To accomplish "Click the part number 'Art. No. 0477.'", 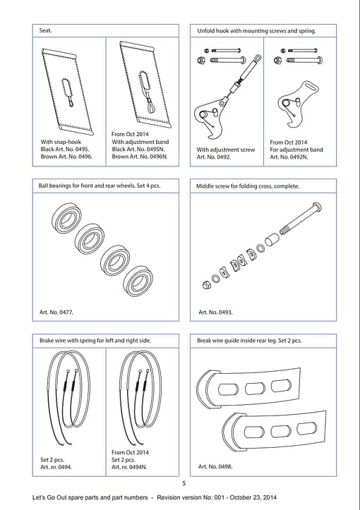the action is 56,312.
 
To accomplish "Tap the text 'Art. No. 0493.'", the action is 215,312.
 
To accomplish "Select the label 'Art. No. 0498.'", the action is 215,466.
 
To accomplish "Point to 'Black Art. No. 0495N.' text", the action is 138,150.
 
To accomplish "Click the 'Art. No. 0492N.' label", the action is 289,157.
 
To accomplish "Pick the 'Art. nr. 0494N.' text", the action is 129,467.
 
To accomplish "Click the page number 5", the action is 184,483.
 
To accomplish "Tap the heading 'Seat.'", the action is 45,30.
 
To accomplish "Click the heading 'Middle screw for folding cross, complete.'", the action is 248,186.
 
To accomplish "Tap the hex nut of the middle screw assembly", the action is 206,285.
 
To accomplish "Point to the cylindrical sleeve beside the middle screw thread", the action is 271,240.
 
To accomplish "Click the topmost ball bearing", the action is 67,218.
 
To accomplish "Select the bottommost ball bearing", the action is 139,281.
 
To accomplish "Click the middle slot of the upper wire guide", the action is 255,388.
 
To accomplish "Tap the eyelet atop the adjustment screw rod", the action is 258,59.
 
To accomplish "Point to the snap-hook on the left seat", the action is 71,103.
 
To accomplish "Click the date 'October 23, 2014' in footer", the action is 253,497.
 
